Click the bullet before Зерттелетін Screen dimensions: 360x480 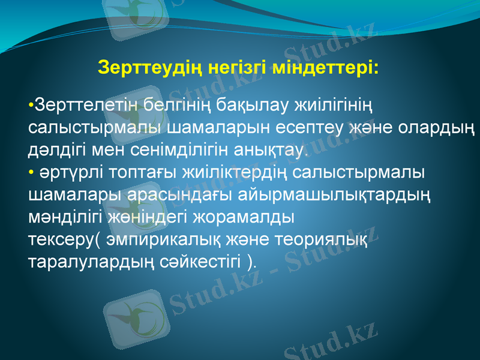[x=31, y=106]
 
